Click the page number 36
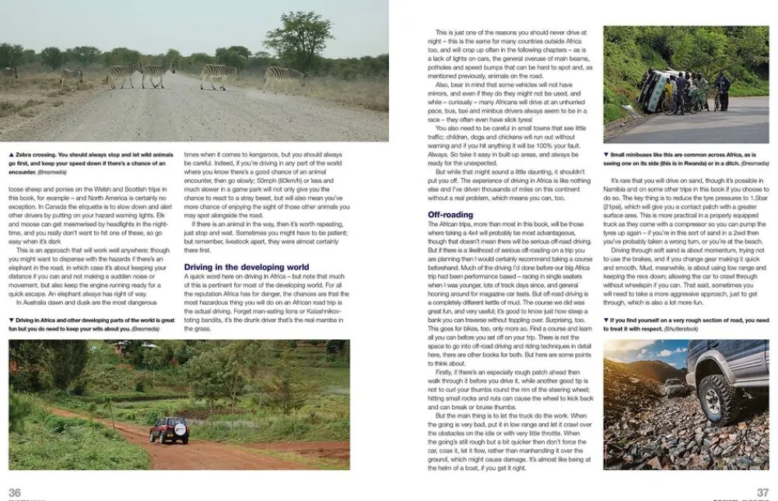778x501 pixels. tap(14, 492)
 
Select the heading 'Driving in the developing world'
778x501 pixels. tap(246, 268)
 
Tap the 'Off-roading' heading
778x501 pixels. tap(450, 214)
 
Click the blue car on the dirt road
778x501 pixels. tap(169, 429)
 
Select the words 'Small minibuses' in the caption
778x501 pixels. tap(633, 155)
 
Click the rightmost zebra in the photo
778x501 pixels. tap(282, 76)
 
